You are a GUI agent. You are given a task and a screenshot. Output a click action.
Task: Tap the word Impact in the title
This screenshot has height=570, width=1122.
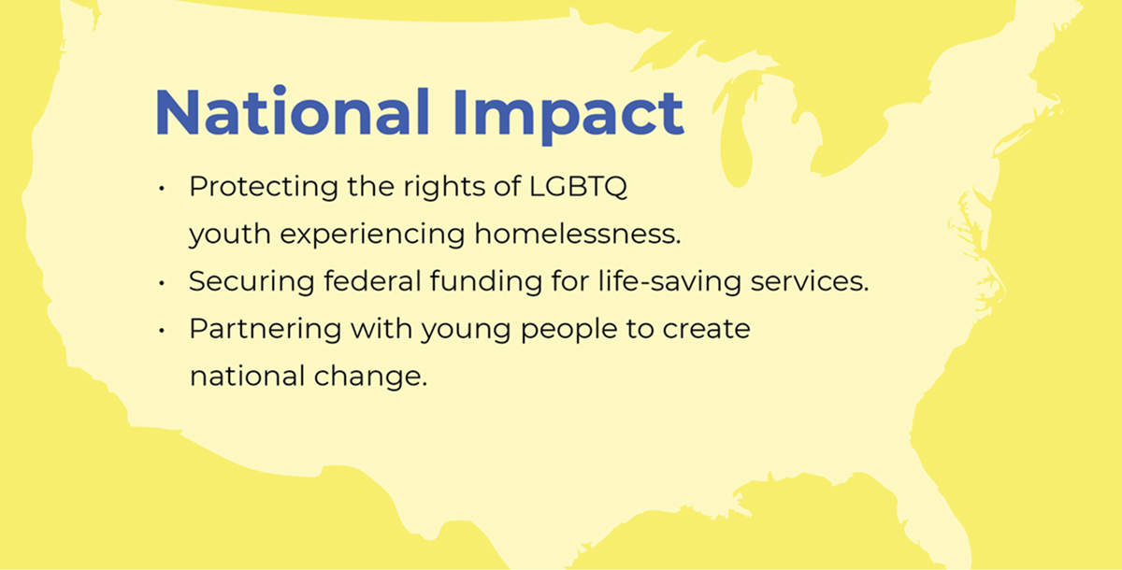pos(568,116)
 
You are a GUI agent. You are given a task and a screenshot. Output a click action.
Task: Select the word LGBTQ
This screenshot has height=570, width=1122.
pos(578,187)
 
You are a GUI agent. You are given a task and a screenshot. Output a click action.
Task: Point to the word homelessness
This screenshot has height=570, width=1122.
pos(578,234)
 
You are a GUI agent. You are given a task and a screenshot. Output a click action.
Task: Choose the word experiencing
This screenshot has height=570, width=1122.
pos(373,235)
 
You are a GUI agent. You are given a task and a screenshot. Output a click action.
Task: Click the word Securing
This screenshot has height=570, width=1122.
pos(252,281)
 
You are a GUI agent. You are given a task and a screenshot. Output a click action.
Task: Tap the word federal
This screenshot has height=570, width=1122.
pos(372,280)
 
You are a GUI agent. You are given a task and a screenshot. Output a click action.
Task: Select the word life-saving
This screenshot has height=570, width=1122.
pos(669,281)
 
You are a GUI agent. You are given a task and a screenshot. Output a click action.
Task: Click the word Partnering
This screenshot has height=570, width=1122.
pos(266,329)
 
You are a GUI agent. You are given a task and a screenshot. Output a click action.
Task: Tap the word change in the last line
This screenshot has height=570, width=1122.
pos(370,377)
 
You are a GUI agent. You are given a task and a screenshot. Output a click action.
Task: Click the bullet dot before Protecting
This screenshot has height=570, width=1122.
pos(161,189)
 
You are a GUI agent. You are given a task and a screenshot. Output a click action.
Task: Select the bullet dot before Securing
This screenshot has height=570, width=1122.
pos(161,283)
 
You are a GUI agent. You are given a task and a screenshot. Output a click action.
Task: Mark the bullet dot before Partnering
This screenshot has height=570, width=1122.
pos(161,330)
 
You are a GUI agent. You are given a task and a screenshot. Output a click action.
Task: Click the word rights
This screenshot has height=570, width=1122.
pos(444,187)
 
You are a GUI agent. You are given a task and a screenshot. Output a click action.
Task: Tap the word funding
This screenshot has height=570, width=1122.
pos(486,281)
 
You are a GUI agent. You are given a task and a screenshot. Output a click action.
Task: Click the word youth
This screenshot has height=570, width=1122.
pos(230,235)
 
